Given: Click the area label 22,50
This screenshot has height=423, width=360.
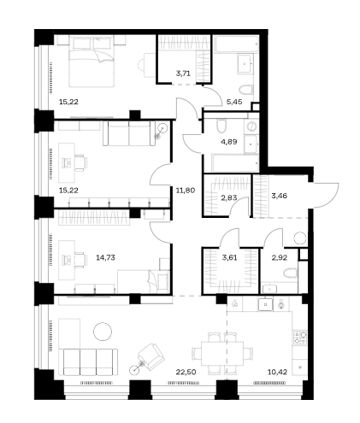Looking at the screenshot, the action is pyautogui.click(x=186, y=372).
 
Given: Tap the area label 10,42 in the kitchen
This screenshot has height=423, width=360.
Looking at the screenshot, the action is pyautogui.click(x=277, y=372).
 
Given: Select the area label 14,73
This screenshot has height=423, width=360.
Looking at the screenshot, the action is pyautogui.click(x=105, y=257).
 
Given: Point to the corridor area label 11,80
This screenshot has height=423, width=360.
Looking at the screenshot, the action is pyautogui.click(x=186, y=190).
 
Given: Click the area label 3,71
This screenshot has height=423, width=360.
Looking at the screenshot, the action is pyautogui.click(x=183, y=73).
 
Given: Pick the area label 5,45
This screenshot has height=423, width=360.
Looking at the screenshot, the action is pyautogui.click(x=234, y=102).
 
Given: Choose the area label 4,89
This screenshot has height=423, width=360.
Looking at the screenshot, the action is pyautogui.click(x=229, y=142).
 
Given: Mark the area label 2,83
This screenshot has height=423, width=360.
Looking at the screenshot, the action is pyautogui.click(x=229, y=197).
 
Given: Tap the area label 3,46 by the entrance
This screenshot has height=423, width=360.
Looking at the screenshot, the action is pyautogui.click(x=279, y=196).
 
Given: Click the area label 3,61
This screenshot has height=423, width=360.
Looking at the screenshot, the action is pyautogui.click(x=229, y=258).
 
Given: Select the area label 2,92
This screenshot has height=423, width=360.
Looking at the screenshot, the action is pyautogui.click(x=280, y=258).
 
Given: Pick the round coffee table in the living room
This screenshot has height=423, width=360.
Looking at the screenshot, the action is pyautogui.click(x=103, y=332).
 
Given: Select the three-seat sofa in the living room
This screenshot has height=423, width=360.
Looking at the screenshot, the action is pyautogui.click(x=90, y=361).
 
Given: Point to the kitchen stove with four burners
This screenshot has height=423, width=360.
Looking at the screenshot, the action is pyautogui.click(x=300, y=338).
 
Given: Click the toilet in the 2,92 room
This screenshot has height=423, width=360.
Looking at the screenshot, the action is pyautogui.click(x=291, y=273).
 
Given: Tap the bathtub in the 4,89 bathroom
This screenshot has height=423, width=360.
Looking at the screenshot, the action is pyautogui.click(x=235, y=163).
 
